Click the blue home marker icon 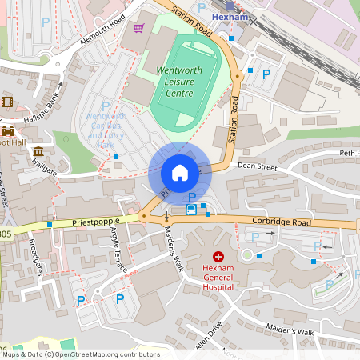tap(180, 173)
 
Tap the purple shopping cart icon tap(138, 28)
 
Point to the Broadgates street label tap(36, 257)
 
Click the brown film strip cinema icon tap(7, 102)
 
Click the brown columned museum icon tap(38, 151)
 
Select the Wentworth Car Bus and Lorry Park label tap(104, 128)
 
